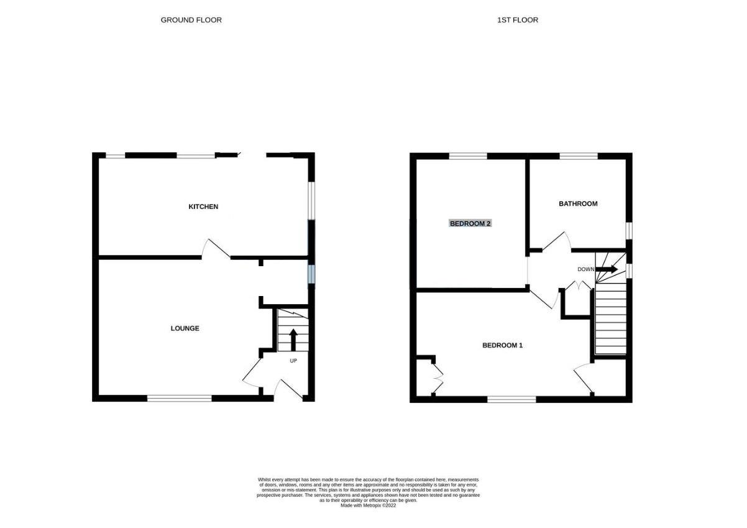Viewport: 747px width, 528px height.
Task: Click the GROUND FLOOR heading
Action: click(191, 20)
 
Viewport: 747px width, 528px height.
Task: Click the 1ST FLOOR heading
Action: click(517, 20)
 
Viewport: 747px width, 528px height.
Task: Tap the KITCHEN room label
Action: click(203, 206)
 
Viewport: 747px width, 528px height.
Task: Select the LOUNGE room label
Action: click(185, 328)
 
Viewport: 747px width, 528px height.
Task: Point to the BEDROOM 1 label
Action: click(502, 345)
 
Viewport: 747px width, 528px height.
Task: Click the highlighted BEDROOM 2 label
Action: click(470, 223)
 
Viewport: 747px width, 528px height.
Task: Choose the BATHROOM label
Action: click(578, 203)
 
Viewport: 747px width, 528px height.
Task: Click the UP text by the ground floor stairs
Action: click(293, 361)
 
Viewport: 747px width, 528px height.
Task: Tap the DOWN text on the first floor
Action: click(585, 269)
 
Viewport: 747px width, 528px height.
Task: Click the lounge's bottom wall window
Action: click(180, 398)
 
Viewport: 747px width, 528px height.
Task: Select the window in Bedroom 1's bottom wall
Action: click(511, 399)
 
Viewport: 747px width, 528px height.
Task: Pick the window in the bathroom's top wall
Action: click(579, 156)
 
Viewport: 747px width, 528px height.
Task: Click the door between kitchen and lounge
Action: click(216, 249)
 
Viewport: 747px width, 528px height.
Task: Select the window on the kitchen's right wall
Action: click(311, 200)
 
